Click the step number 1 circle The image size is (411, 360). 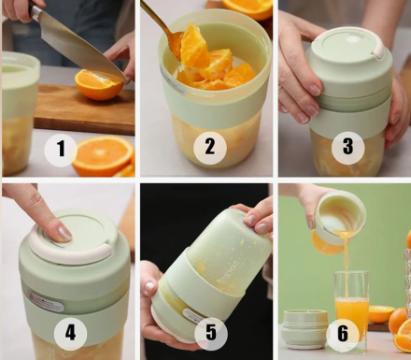[x=61, y=149]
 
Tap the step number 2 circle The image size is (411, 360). [x=209, y=147]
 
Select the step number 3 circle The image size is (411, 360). [x=347, y=147]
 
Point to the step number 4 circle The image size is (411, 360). [x=70, y=333]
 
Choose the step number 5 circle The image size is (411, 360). [x=211, y=332]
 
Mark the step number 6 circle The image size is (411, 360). [x=343, y=333]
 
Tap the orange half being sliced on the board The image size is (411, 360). [x=99, y=85]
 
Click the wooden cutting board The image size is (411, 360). [x=84, y=109]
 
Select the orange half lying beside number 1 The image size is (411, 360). [x=103, y=156]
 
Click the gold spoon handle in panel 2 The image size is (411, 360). [x=156, y=17]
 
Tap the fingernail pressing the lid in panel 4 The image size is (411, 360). [x=64, y=233]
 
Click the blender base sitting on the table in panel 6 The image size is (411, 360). [x=305, y=329]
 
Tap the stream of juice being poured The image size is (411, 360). [x=347, y=265]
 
